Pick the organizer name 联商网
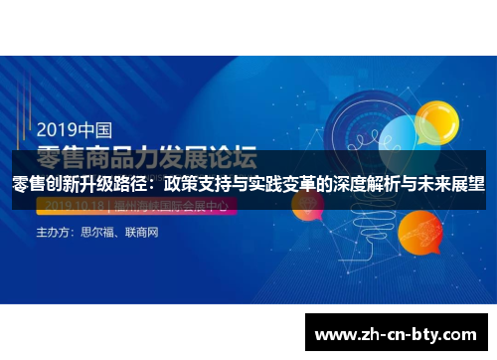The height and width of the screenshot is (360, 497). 144,233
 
